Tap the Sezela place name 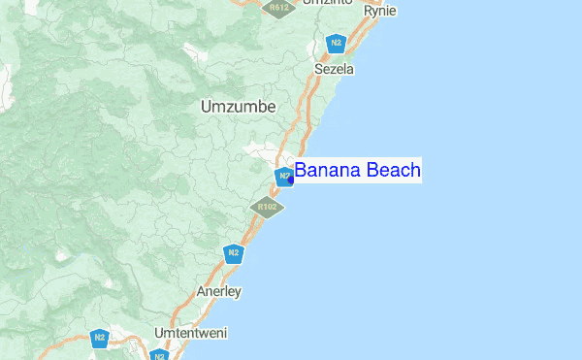(x=335, y=70)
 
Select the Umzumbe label (x=238, y=107)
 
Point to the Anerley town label (x=218, y=291)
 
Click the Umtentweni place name (x=190, y=333)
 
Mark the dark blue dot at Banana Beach (x=291, y=179)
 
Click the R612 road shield (x=279, y=7)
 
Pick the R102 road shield (x=267, y=207)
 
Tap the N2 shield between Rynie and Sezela (x=337, y=43)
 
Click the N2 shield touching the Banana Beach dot (x=283, y=177)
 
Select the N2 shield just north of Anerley (x=233, y=254)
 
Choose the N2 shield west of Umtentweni (x=99, y=338)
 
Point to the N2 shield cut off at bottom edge (x=159, y=355)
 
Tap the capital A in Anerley (x=201, y=291)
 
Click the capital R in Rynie (x=367, y=11)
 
